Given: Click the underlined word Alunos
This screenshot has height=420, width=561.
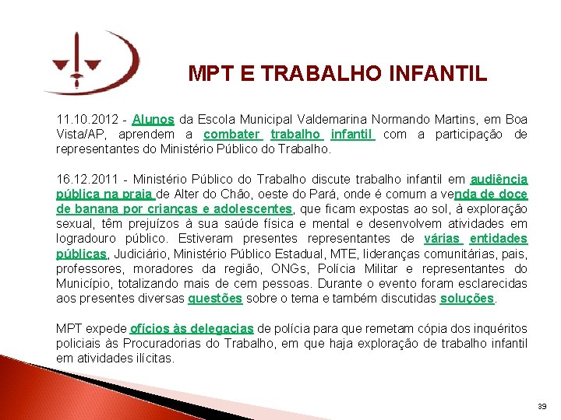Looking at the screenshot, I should (x=153, y=120).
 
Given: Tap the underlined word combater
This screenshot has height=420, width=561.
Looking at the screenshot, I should (x=232, y=135).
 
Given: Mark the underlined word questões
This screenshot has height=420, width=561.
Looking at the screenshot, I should (x=215, y=299).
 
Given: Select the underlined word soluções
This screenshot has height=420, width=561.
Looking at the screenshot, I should (x=467, y=299).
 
